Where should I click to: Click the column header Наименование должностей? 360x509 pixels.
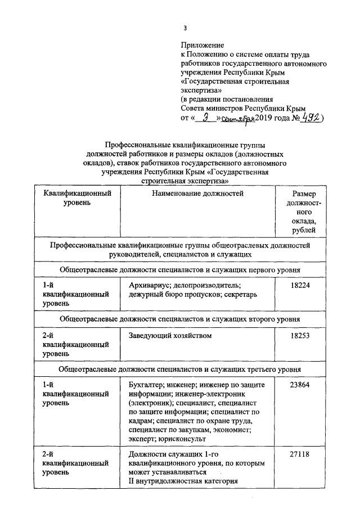tap(197, 193)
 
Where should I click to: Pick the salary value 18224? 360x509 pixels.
tap(300, 286)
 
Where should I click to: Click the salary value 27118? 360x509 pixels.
tap(300, 454)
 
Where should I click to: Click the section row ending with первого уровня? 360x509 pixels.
tap(180, 270)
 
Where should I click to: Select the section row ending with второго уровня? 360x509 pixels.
tap(180, 319)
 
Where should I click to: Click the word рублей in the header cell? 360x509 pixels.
tap(304, 229)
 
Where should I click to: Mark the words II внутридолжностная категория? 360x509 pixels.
tap(182, 481)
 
